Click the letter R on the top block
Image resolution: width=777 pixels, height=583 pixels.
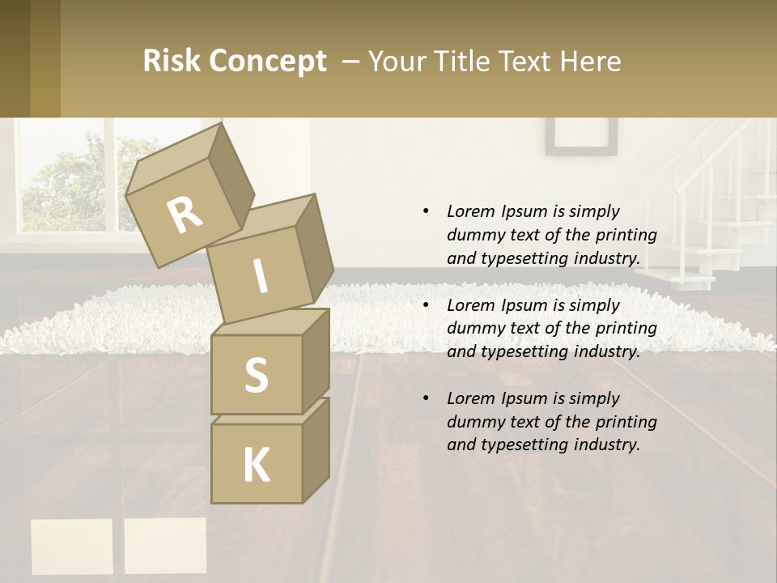coord(185,215)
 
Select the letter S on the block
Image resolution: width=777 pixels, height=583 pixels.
coord(256,375)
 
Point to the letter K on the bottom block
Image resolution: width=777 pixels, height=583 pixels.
coord(256,466)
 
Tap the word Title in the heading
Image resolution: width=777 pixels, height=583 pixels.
coord(465,62)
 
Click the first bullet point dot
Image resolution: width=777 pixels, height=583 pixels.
coord(426,211)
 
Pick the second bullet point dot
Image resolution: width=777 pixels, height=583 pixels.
coord(426,305)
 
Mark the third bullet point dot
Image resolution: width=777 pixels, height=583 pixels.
coord(426,398)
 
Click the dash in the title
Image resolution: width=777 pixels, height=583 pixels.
coord(350,62)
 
